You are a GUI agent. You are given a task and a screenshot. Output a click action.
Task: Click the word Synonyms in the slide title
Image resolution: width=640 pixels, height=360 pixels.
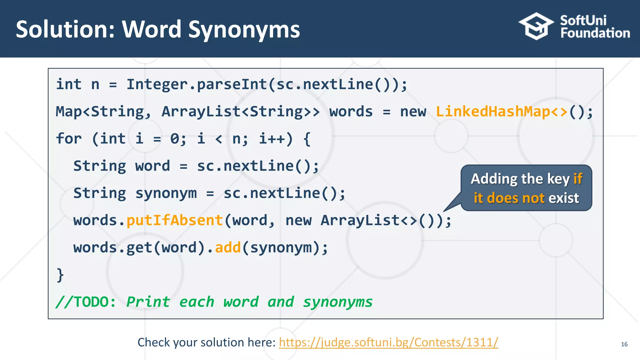pos(244,30)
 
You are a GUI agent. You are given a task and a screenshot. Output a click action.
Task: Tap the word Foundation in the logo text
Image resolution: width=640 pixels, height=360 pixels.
pos(595,33)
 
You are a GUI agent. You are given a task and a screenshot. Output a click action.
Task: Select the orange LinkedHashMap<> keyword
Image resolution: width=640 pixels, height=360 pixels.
pos(501,112)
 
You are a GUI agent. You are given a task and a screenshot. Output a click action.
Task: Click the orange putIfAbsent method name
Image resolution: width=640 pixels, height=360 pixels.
pos(174,220)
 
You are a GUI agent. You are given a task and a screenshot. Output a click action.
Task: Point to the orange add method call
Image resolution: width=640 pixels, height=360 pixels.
pos(228,247)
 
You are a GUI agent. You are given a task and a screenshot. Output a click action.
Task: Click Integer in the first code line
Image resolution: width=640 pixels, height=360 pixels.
pos(157,84)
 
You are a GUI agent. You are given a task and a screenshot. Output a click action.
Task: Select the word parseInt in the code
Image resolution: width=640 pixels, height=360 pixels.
pos(232,84)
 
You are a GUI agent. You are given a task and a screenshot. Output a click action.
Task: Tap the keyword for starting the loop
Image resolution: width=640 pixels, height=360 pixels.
pos(69,139)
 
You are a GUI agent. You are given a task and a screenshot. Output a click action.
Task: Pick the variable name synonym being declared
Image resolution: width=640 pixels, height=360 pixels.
pos(166,193)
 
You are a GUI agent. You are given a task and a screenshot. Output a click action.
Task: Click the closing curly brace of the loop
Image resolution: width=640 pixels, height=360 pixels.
pos(60,275)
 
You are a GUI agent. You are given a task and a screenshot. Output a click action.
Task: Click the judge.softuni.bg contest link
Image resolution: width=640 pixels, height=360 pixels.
pos(388,342)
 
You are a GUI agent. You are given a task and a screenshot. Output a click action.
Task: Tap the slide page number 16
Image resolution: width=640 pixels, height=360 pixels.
pos(624,344)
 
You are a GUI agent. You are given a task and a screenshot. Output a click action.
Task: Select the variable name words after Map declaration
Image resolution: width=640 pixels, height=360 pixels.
pos(351,112)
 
